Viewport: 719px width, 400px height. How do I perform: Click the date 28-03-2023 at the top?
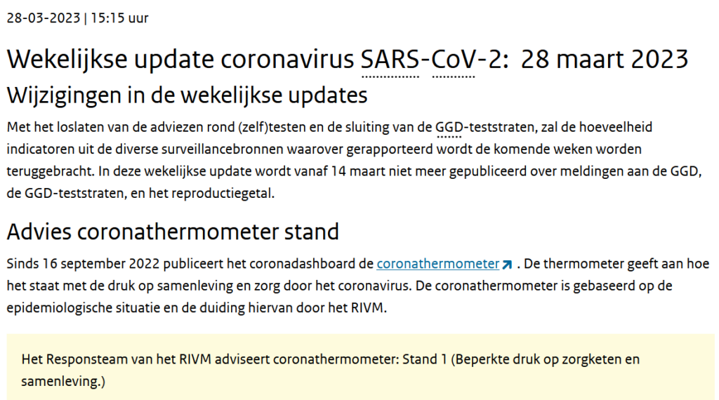(x=44, y=18)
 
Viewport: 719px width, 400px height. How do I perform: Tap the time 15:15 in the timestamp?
(x=107, y=18)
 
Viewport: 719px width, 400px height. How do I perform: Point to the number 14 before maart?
(x=338, y=171)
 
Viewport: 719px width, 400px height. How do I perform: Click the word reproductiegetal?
(x=223, y=194)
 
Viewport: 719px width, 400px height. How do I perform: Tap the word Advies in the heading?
(x=39, y=232)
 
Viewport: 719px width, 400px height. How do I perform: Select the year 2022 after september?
(x=144, y=263)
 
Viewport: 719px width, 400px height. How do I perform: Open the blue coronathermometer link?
(x=438, y=263)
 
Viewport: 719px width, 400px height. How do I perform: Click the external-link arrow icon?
(x=507, y=265)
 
